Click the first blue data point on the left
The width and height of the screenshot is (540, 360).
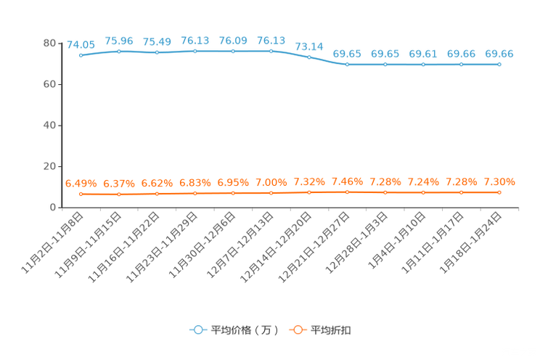pos(81,55)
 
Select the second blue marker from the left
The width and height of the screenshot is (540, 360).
pos(119,51)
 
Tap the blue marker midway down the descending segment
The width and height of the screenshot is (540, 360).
pos(309,56)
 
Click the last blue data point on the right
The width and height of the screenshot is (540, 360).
pos(499,65)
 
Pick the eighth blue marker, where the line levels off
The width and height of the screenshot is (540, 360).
pos(347,65)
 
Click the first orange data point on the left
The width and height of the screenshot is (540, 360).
pos(81,194)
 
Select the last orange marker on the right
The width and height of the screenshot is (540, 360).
pos(499,192)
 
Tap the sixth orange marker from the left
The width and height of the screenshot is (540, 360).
pos(271,193)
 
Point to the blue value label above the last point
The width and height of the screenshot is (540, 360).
pos(499,54)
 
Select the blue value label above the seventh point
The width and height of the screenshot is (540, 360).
pos(309,46)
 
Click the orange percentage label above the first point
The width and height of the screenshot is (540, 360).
pos(80,184)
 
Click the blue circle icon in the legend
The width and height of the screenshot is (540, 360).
pos(197,330)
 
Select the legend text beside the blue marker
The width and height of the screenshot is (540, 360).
pos(244,330)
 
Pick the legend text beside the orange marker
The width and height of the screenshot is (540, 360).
pos(332,330)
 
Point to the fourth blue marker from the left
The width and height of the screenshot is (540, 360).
pos(195,51)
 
